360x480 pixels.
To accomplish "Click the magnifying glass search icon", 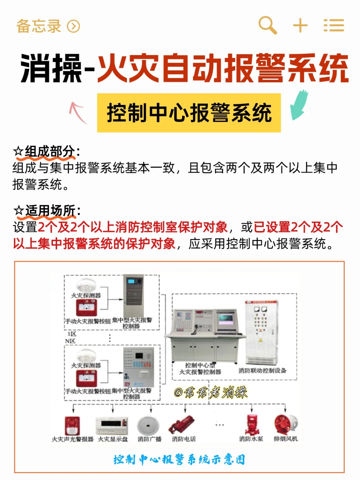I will click(x=268, y=25).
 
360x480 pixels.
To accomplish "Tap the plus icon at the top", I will click(x=300, y=25).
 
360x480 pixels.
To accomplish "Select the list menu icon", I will click(x=334, y=25).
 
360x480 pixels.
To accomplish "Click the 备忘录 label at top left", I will click(x=39, y=26).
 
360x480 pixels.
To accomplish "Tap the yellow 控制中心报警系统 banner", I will click(x=189, y=113).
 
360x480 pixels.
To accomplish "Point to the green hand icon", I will click(x=299, y=105).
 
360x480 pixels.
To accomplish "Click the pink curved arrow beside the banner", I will click(x=78, y=112).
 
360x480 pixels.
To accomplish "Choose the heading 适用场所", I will click(x=50, y=211).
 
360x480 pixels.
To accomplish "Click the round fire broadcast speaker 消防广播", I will click(x=149, y=425).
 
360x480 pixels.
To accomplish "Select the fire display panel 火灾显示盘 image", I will click(x=112, y=425).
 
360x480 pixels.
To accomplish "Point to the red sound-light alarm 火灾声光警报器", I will click(x=72, y=425).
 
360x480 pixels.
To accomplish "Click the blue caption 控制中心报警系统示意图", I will click(x=179, y=459).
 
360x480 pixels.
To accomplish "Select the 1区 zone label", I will click(x=72, y=334).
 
